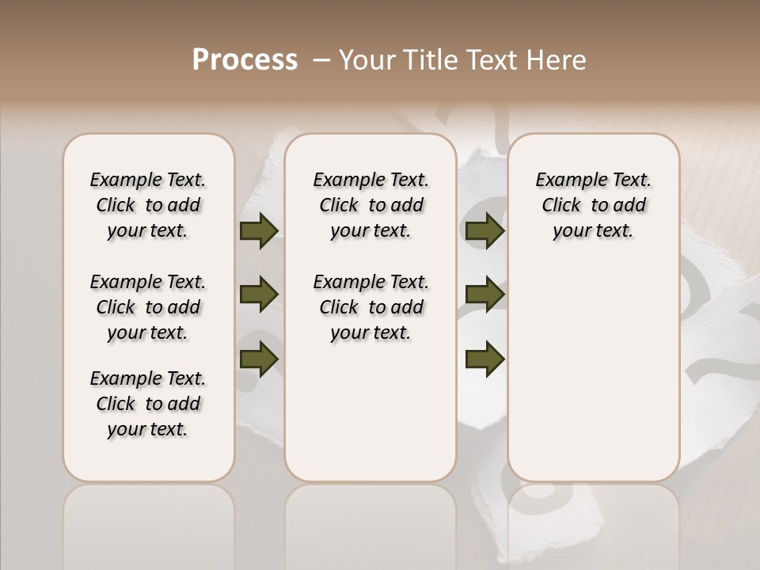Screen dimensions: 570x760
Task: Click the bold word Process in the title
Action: (x=245, y=59)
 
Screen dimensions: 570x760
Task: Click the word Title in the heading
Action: (x=427, y=60)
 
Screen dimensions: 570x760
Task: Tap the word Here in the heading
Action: (x=557, y=60)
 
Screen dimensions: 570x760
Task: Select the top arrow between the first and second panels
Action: (x=258, y=231)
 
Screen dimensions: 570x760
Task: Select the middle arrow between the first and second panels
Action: (x=258, y=294)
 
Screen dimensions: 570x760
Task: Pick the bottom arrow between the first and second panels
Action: (x=258, y=358)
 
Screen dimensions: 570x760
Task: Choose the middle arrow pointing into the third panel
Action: (x=484, y=294)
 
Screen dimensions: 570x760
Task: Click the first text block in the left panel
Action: (x=148, y=205)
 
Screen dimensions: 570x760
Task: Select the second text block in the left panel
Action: (x=148, y=307)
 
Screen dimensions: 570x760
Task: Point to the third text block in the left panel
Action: (x=148, y=404)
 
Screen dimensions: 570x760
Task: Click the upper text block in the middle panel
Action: (x=370, y=205)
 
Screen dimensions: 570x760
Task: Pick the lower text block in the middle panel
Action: (x=370, y=307)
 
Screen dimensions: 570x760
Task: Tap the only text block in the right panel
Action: (x=593, y=205)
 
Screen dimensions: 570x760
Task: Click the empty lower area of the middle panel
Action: (x=370, y=412)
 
